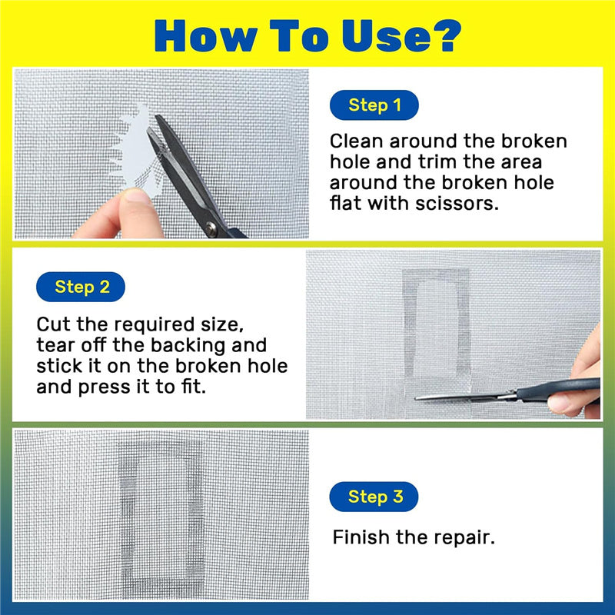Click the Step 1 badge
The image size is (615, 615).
[x=374, y=105]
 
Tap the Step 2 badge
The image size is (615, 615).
[x=81, y=287]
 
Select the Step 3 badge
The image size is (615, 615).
[x=374, y=497]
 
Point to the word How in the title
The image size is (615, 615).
[x=205, y=35]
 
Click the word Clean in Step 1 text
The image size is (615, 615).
[x=356, y=141]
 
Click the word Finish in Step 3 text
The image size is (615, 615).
[x=361, y=537]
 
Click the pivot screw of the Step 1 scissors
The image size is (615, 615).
[x=211, y=228]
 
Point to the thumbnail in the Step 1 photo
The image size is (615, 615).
[x=137, y=195]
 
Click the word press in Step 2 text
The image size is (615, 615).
[x=105, y=387]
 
